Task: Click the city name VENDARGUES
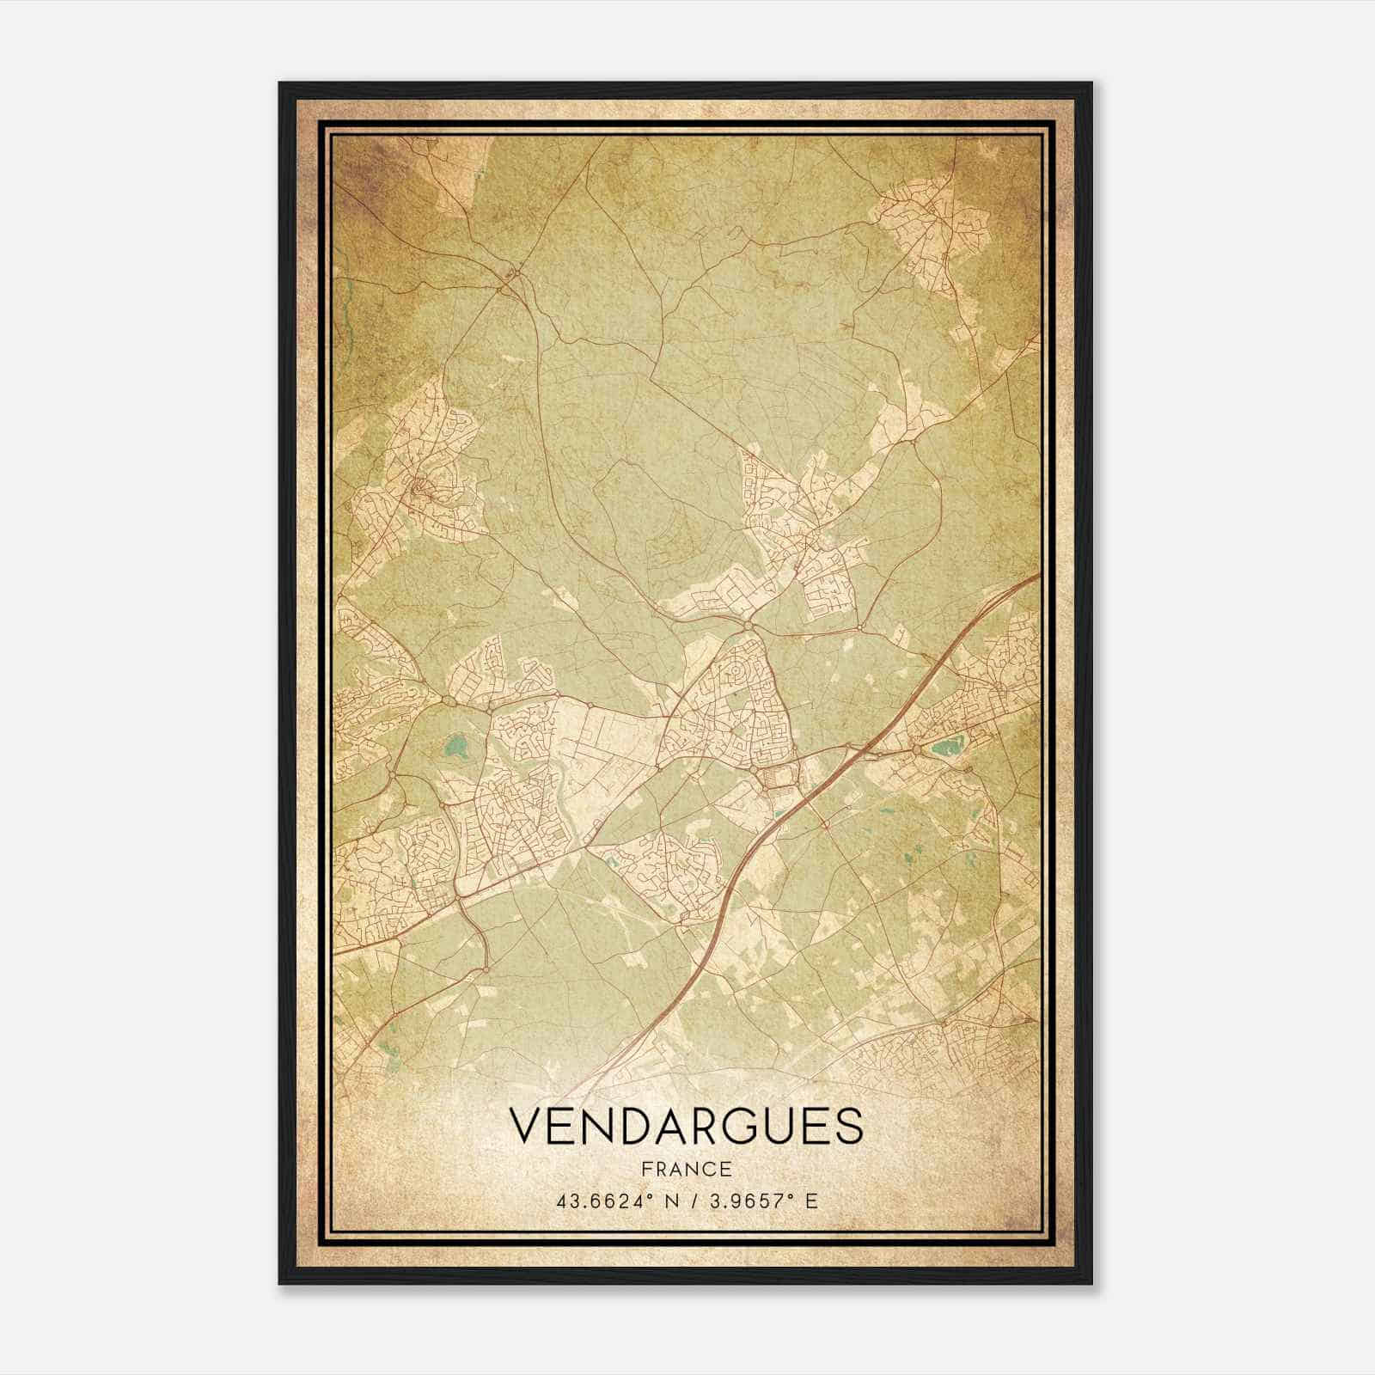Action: coord(686,1127)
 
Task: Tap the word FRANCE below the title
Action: coord(686,1170)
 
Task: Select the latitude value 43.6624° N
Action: coord(613,1201)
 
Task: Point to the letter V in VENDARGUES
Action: coord(527,1127)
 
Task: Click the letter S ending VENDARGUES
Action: coord(846,1127)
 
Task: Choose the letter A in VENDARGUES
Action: coord(657,1127)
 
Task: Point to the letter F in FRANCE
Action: coord(645,1170)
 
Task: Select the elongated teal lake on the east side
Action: coord(948,748)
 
